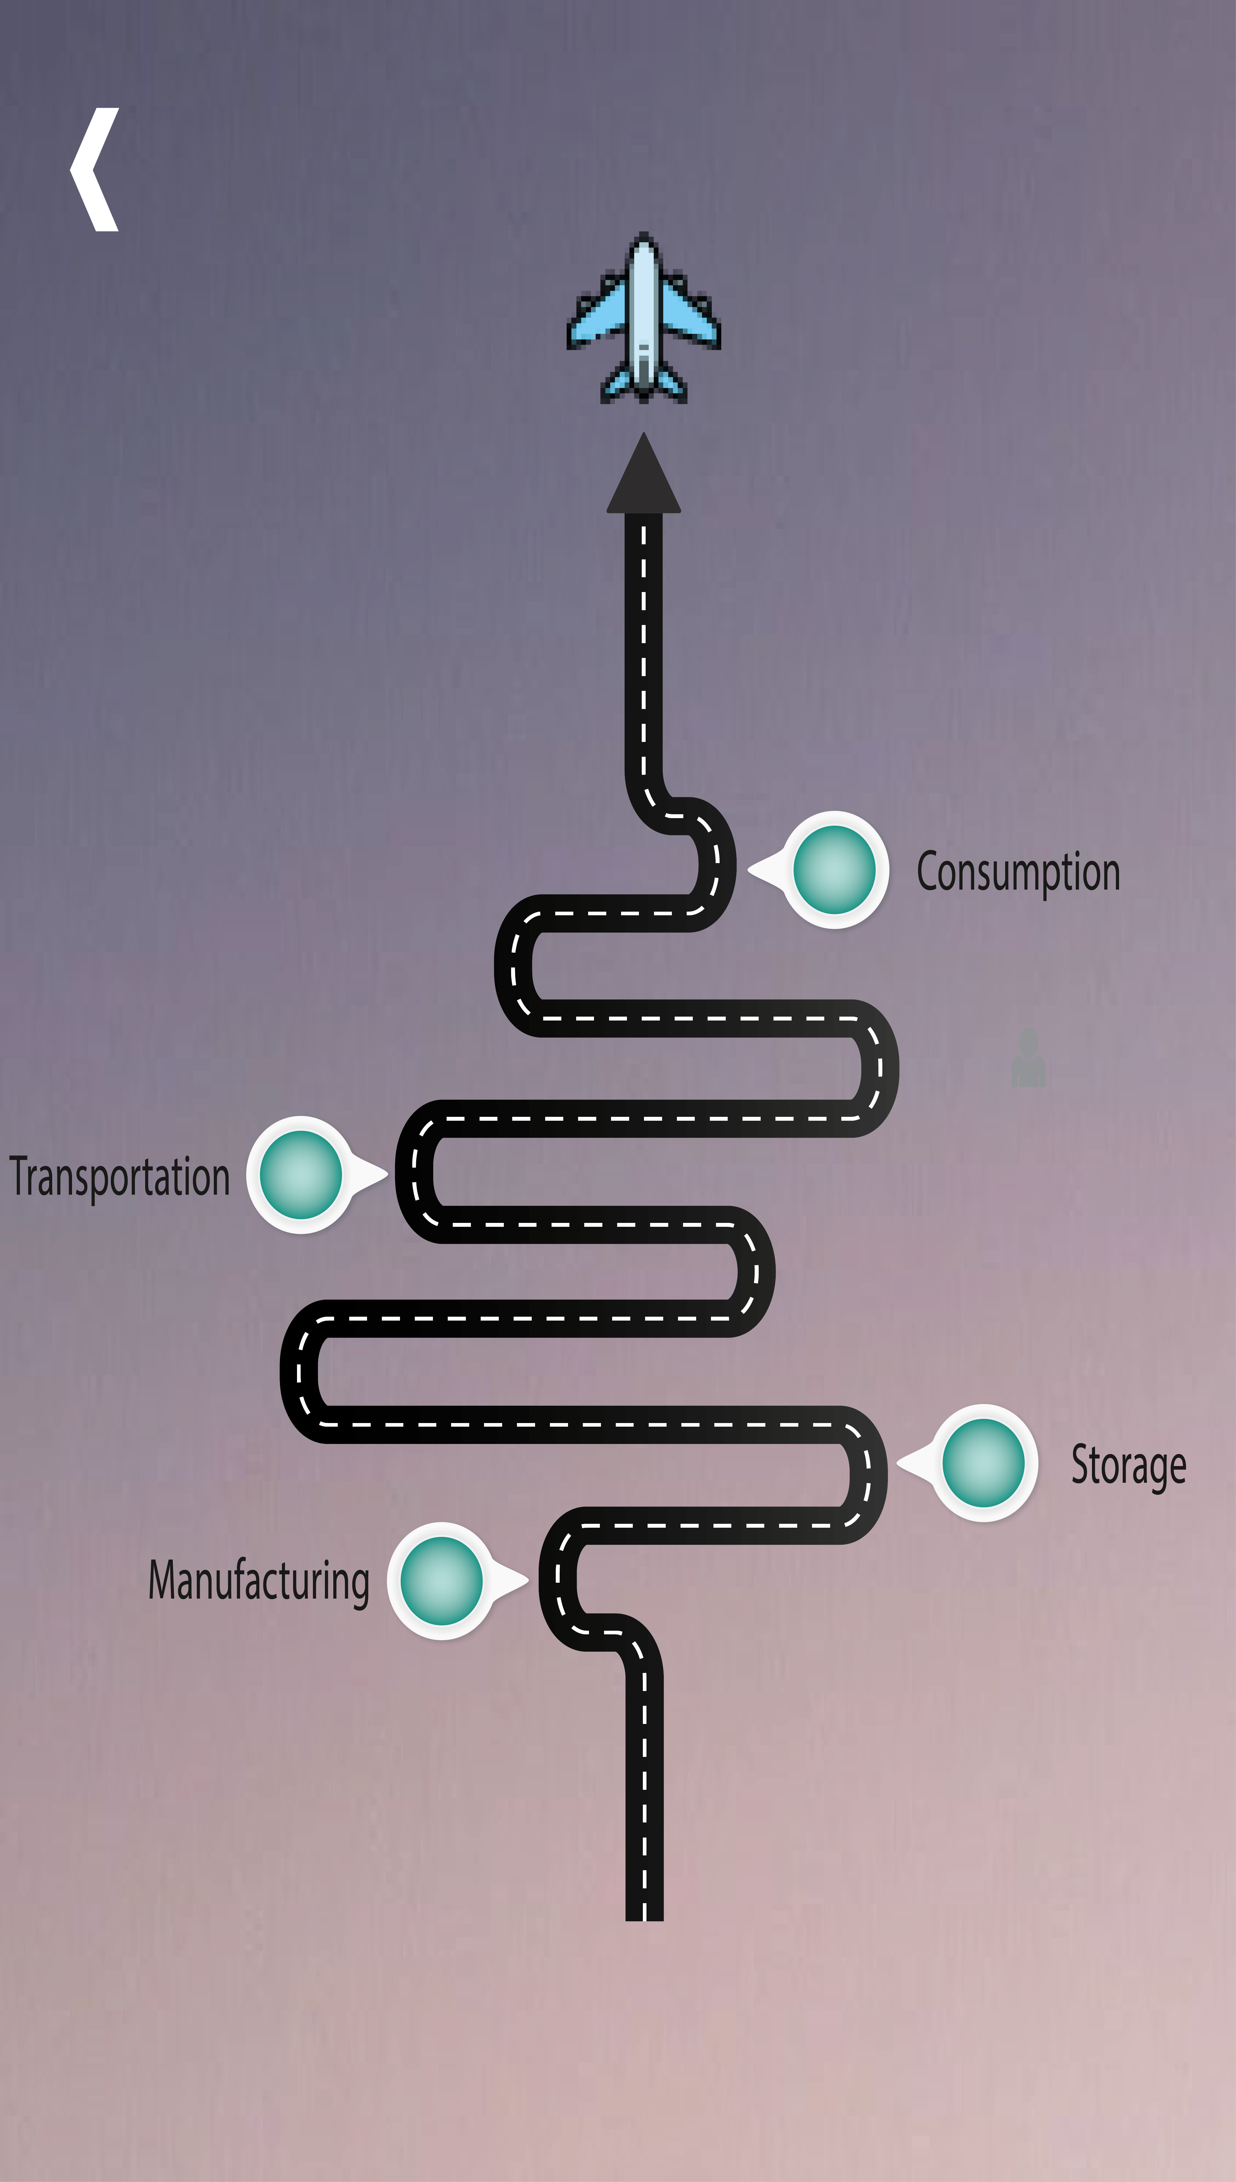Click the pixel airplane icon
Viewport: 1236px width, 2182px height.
coord(643,318)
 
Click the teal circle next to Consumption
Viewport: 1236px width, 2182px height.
coord(835,869)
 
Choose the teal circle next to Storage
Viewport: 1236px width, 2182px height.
coord(983,1462)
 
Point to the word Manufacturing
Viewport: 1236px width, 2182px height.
coord(259,1581)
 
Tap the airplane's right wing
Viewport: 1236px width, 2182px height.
coord(689,314)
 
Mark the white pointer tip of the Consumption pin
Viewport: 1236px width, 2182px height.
coord(752,869)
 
